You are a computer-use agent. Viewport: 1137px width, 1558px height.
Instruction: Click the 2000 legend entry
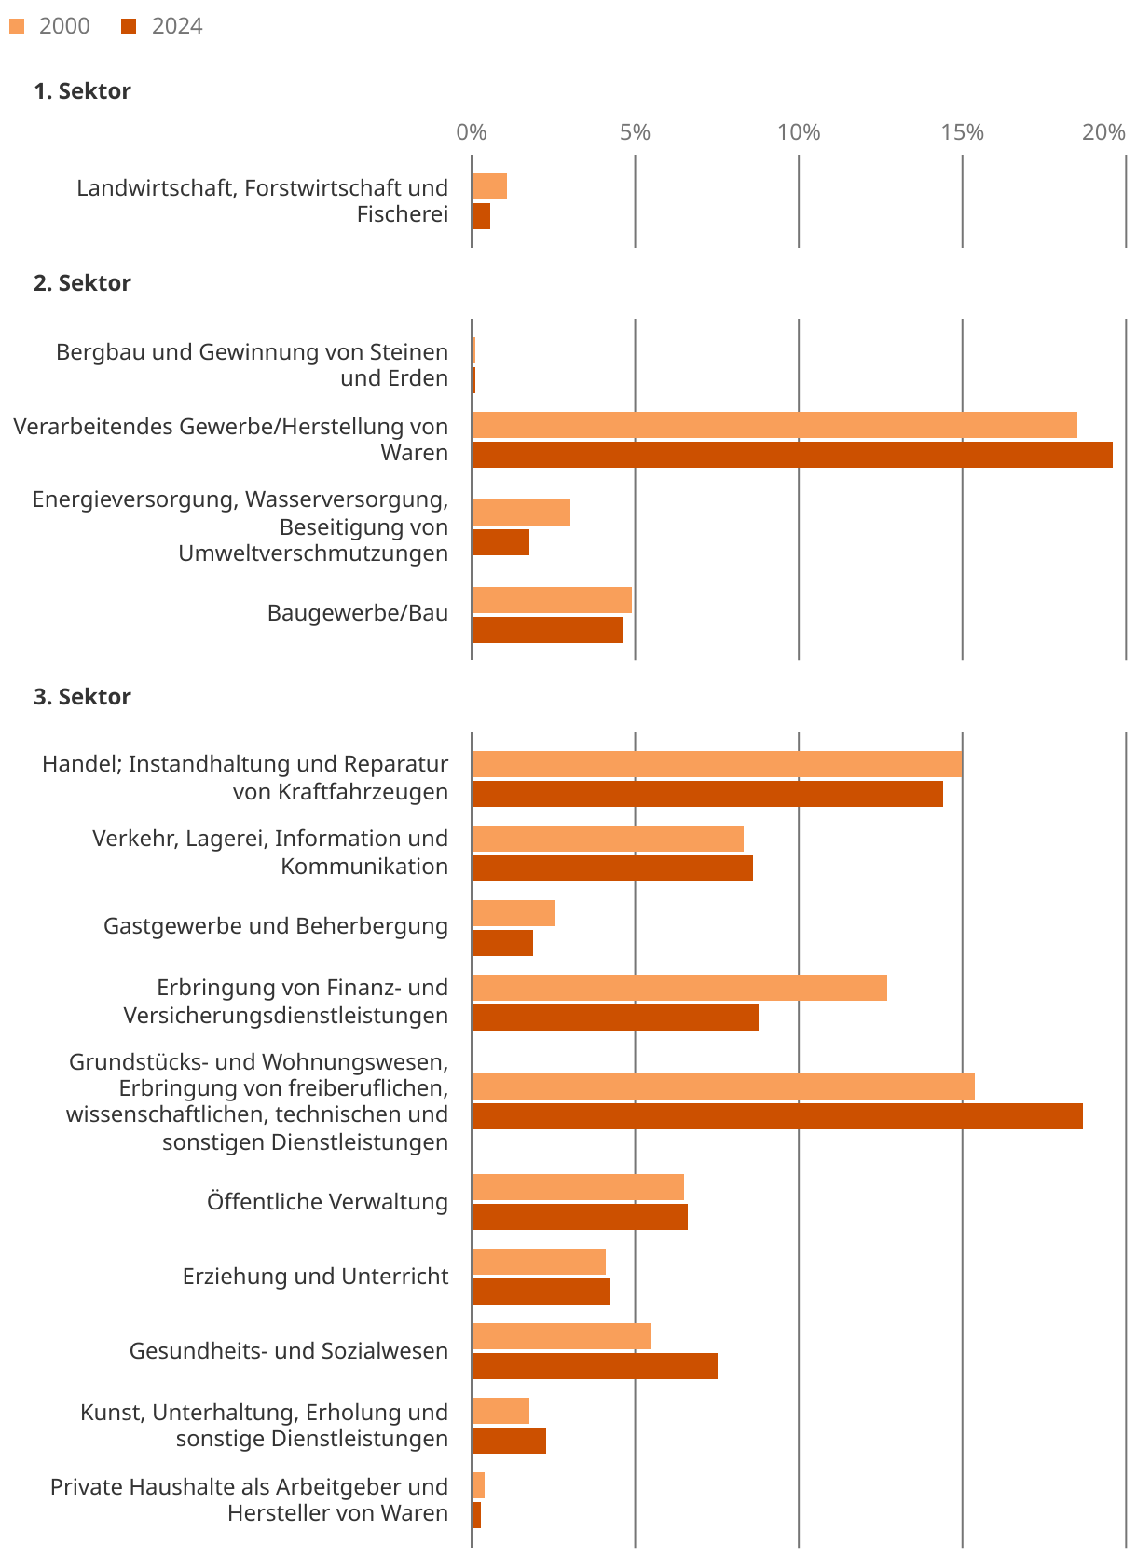52,26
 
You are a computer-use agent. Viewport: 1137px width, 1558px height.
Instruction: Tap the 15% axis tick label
962,132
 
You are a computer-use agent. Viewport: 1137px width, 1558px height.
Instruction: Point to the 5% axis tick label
635,132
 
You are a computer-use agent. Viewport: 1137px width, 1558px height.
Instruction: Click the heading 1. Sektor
82,91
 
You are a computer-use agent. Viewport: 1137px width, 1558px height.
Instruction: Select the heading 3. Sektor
82,697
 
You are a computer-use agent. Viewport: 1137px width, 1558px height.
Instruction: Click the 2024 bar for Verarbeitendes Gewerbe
792,455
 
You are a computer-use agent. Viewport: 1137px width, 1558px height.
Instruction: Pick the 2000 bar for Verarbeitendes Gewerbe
774,425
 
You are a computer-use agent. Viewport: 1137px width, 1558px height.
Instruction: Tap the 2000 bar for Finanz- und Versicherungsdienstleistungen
679,988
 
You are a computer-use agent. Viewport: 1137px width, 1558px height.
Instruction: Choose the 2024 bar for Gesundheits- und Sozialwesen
595,1366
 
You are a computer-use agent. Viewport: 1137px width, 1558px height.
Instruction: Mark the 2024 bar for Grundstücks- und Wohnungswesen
777,1116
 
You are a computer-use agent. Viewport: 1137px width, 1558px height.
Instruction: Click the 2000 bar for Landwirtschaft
489,186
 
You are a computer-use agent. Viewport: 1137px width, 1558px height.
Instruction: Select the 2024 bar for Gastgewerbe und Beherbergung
502,943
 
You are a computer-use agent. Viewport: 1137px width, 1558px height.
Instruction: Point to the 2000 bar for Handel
717,764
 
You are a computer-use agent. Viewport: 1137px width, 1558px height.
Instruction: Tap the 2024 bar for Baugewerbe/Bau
547,630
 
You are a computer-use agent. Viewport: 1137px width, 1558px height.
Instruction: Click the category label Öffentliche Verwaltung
327,1202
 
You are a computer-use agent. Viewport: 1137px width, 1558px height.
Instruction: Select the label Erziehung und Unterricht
315,1277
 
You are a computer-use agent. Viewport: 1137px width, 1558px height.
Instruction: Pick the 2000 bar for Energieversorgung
521,512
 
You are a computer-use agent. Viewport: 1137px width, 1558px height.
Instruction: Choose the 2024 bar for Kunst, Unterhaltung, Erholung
509,1441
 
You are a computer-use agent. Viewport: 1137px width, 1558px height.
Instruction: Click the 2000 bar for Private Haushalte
478,1485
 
